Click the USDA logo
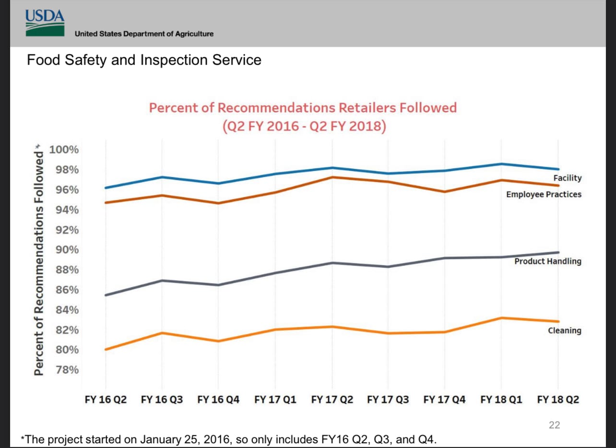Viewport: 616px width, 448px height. coord(45,23)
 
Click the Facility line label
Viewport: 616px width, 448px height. coord(567,178)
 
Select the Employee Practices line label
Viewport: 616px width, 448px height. coord(544,194)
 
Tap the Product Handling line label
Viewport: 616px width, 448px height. coord(547,261)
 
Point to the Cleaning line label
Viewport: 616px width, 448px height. coord(564,330)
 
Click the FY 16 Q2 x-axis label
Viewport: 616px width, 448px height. coord(106,400)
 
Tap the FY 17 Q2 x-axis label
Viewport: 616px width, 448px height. coord(332,400)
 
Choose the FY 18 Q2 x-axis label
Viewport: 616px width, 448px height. coord(558,400)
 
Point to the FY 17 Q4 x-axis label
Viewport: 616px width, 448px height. coord(445,400)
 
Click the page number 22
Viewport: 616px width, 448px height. coord(554,425)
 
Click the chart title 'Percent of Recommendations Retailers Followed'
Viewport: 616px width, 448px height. coord(303,107)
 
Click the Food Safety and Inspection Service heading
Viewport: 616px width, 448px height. coord(144,60)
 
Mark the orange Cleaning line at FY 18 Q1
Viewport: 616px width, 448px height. coord(501,318)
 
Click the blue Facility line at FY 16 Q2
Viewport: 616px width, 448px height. coord(106,188)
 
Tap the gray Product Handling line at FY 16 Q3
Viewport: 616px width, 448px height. coord(162,281)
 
